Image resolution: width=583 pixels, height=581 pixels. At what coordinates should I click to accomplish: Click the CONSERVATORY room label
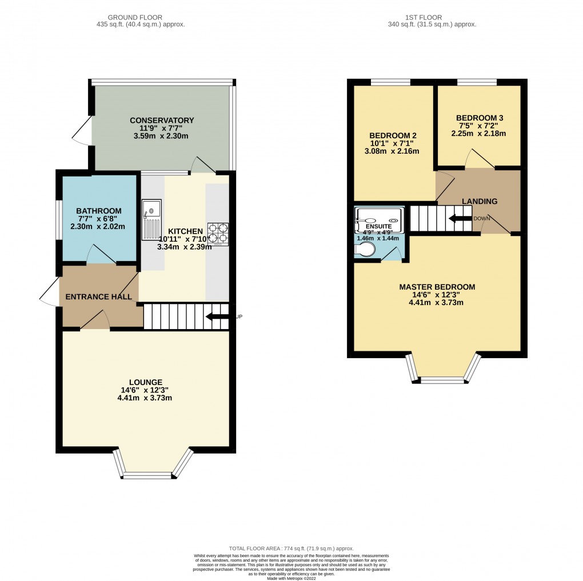coord(162,121)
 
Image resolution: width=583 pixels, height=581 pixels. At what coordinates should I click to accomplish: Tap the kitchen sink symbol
coord(153,220)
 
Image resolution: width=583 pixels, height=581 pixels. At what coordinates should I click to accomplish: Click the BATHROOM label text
coord(99,211)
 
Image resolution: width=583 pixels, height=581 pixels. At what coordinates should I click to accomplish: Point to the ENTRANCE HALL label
coord(99,297)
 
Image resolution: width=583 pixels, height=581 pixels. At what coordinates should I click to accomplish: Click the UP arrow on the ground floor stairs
coord(217,316)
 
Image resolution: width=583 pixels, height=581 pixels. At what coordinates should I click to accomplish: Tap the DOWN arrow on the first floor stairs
coord(460,218)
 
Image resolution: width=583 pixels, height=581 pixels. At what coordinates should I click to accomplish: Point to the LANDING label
coord(479,201)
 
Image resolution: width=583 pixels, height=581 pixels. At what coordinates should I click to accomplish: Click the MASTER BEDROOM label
coord(437,287)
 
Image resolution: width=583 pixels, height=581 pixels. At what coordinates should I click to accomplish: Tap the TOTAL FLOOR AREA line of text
coord(291,547)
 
